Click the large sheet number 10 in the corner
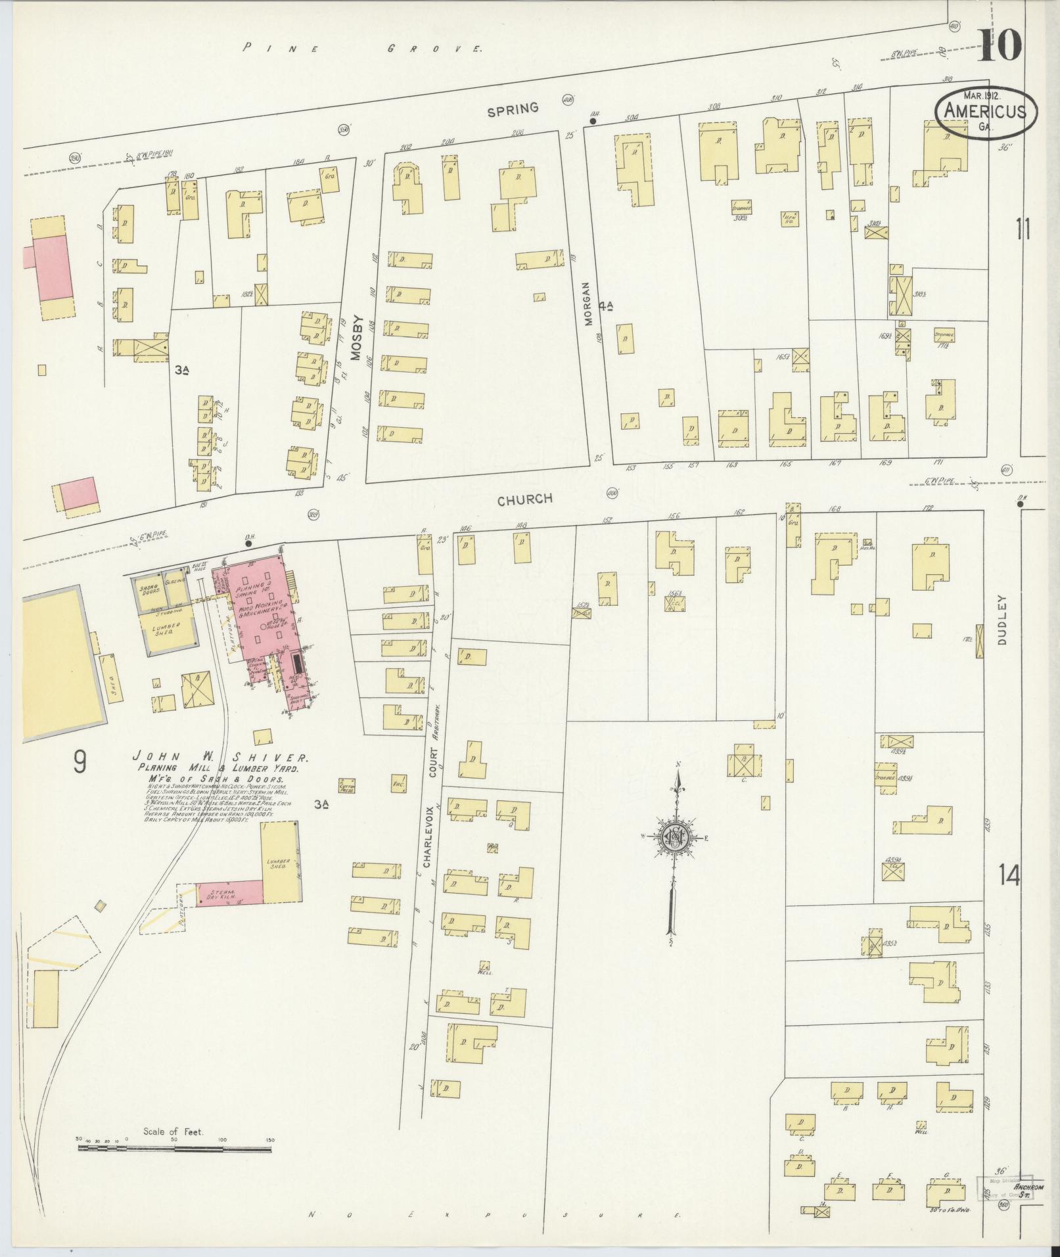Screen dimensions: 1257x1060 [999, 45]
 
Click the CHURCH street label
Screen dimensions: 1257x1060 [524, 500]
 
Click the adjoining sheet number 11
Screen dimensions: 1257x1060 [1022, 231]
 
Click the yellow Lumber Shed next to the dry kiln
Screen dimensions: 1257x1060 [281, 861]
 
